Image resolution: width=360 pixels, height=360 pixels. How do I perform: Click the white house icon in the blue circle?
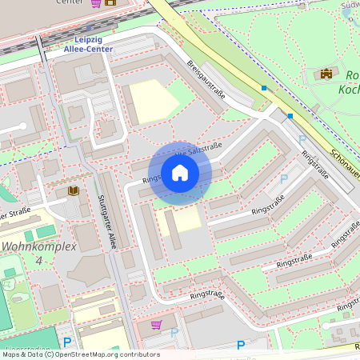pos(180,173)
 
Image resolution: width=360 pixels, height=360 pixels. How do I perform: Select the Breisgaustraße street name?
pos(206,81)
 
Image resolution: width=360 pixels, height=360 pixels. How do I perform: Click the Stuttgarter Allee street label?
pos(106,221)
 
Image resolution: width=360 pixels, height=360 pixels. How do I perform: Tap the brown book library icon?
pos(74,191)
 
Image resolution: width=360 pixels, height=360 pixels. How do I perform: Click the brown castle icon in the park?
pos(326,74)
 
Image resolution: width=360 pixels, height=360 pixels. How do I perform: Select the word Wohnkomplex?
pos(38,246)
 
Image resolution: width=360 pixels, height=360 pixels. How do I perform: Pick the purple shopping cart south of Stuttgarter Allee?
pos(156,325)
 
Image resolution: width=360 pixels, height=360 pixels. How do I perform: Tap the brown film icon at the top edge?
pos(110,2)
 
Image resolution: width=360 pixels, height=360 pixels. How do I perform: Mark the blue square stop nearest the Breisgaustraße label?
pos(263,88)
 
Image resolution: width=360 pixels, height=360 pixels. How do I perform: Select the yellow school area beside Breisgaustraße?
pos(152,101)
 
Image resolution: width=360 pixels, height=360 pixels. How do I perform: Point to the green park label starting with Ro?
pos(351,76)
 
